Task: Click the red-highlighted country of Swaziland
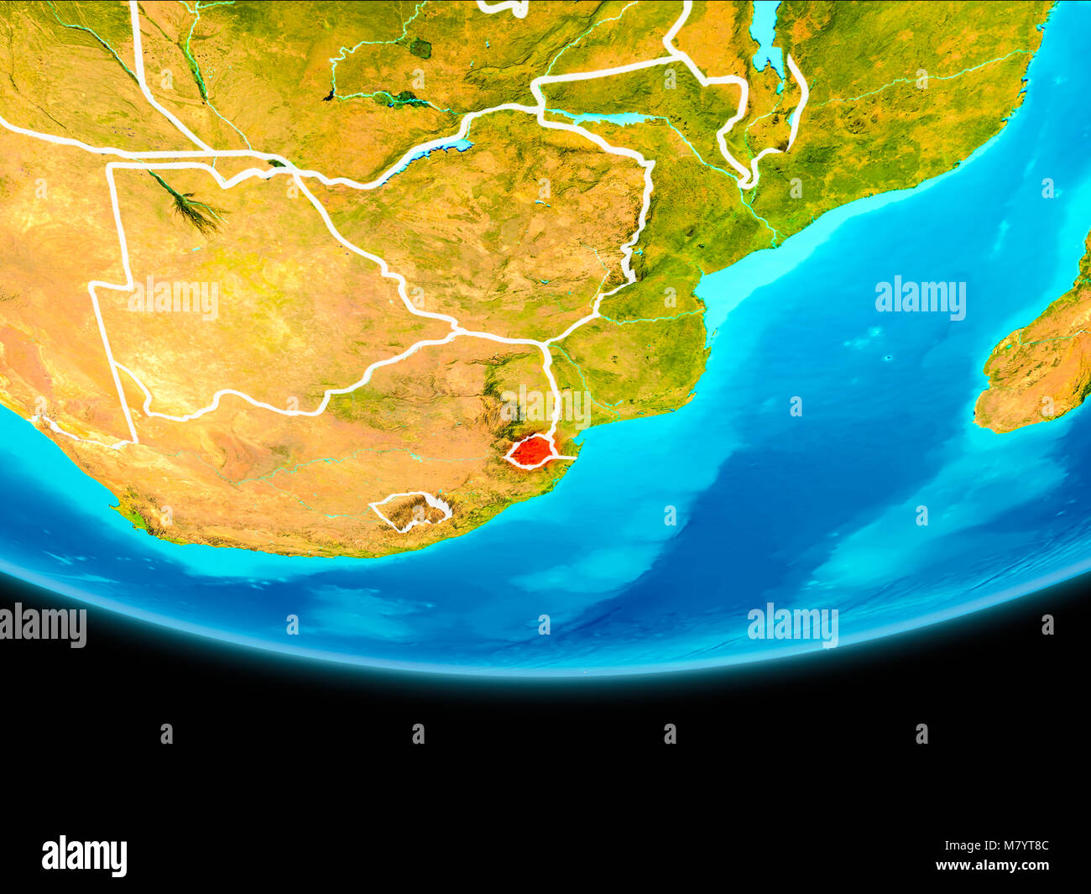coord(530,452)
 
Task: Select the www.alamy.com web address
coord(992,865)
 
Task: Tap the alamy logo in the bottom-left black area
coord(84,855)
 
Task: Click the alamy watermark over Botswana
coord(173,299)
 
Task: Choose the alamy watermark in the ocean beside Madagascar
coord(920,298)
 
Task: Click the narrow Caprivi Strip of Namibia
coord(210,159)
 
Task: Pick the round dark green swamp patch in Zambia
coord(420,48)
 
